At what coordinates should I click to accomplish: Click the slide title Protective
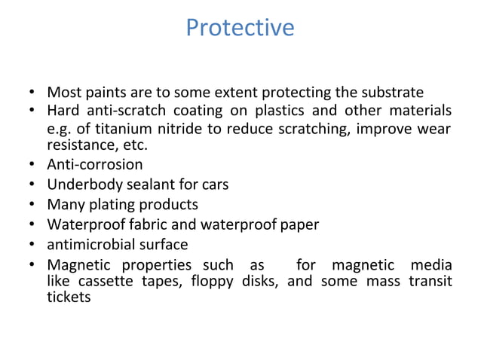(x=240, y=28)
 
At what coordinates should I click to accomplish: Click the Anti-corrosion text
(x=94, y=163)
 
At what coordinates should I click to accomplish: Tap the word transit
(x=431, y=282)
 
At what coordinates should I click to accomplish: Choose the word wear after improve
(x=437, y=128)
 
